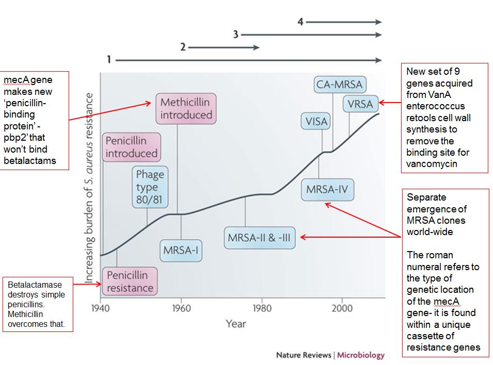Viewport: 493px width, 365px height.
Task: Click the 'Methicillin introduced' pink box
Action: click(x=186, y=108)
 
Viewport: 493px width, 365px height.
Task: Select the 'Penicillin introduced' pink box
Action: click(x=131, y=147)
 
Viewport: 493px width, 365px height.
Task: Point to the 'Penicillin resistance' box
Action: click(x=130, y=281)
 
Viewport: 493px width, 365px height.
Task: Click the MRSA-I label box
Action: click(x=181, y=251)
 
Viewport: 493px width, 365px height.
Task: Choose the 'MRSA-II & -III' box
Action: click(x=260, y=239)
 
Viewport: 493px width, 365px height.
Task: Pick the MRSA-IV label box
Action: click(x=327, y=189)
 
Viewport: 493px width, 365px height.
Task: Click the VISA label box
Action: click(x=315, y=122)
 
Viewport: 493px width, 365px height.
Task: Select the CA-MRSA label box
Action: click(x=339, y=85)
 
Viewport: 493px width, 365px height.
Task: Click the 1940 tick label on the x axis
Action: click(x=101, y=308)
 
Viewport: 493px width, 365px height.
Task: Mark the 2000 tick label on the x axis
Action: click(x=342, y=308)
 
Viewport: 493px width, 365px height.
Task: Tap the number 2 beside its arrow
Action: click(x=183, y=47)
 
